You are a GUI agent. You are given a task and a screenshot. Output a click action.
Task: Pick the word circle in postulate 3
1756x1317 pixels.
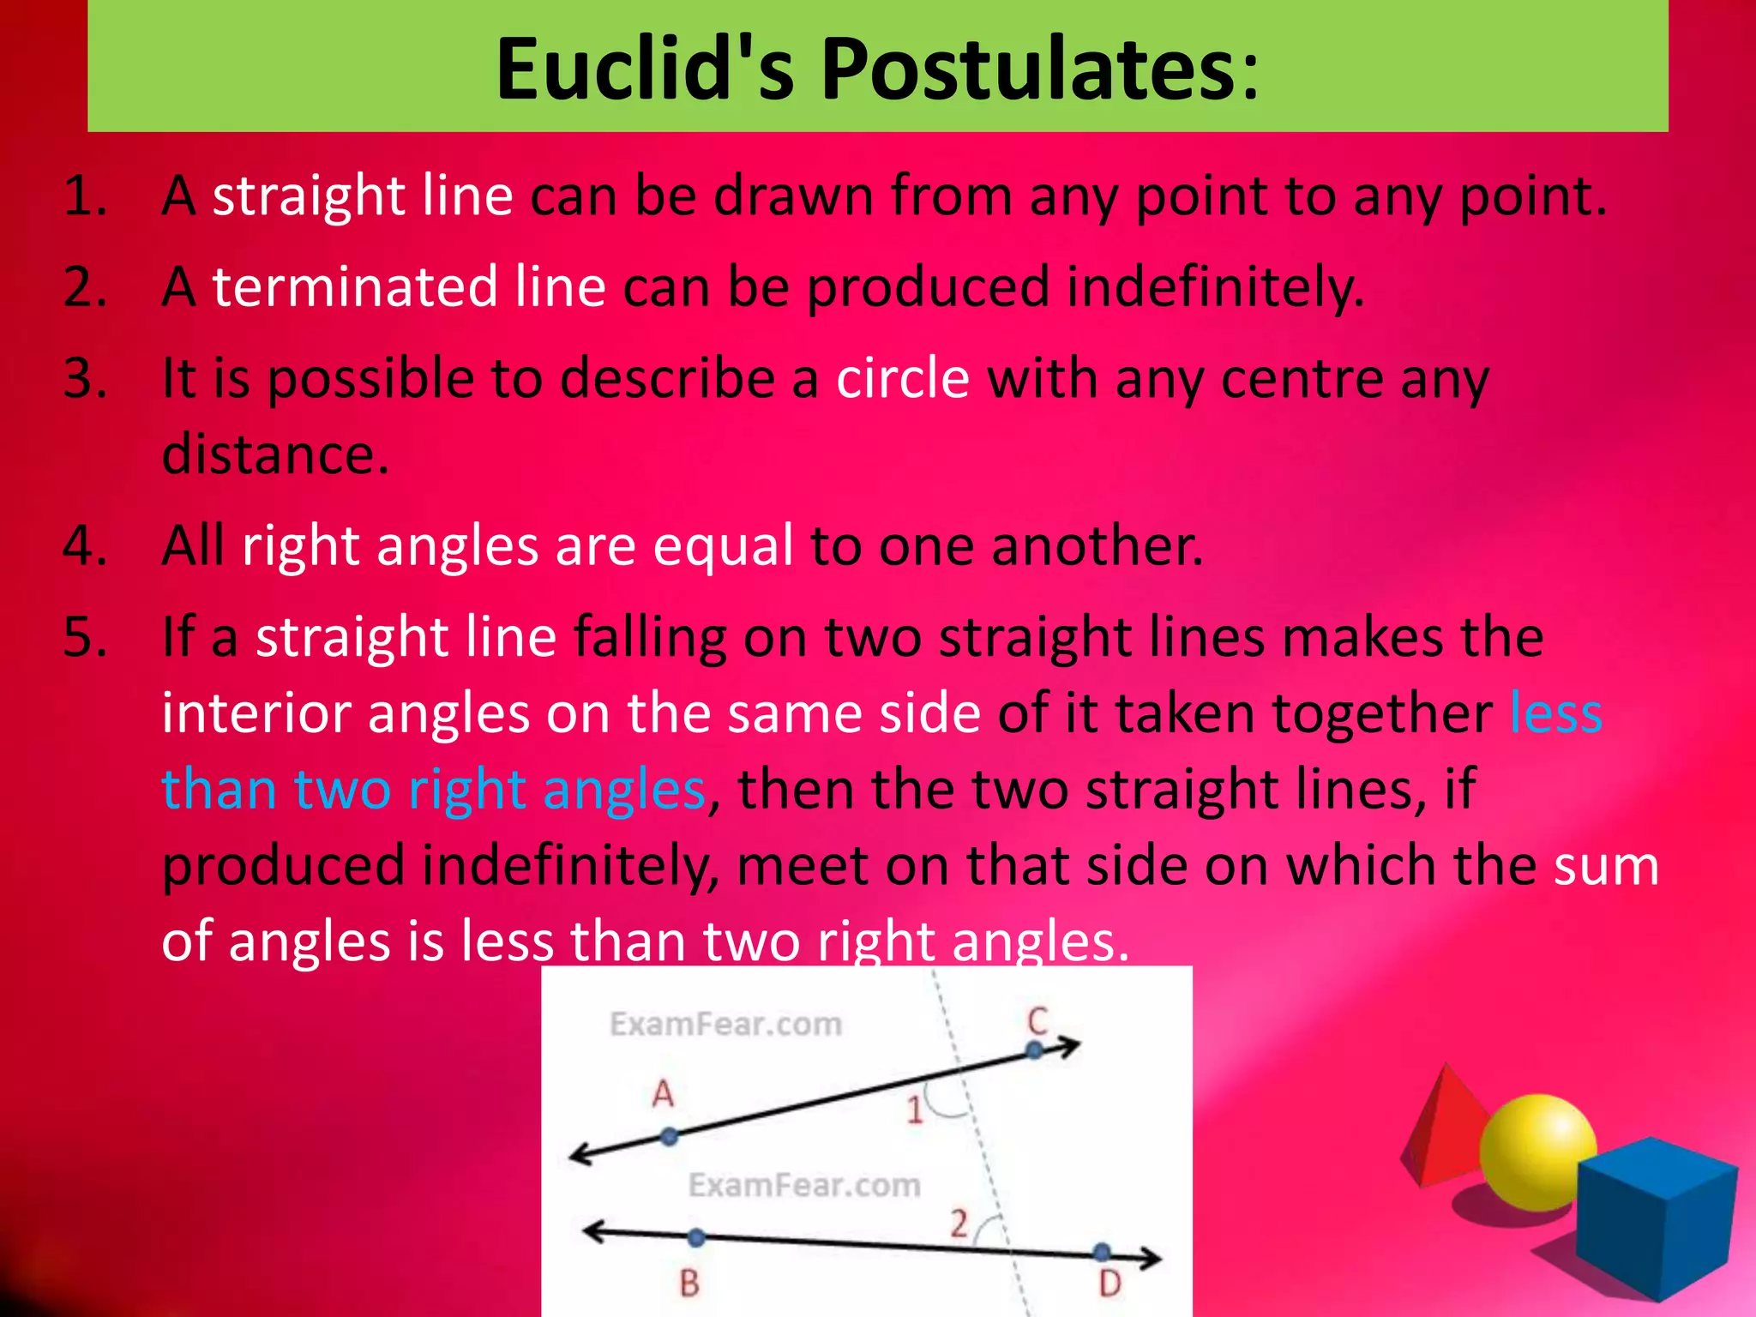(x=902, y=378)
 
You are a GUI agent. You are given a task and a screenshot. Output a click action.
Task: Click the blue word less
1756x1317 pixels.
(x=1555, y=713)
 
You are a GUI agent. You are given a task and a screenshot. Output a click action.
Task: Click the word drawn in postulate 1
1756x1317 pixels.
(x=794, y=195)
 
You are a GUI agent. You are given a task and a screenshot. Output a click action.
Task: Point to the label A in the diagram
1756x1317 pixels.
(x=663, y=1094)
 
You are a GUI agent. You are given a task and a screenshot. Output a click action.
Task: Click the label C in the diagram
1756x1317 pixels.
(x=1037, y=1020)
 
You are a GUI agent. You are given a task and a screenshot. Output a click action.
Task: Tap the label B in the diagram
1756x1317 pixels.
(x=689, y=1284)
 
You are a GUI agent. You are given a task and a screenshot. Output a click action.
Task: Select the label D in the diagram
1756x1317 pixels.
(x=1110, y=1284)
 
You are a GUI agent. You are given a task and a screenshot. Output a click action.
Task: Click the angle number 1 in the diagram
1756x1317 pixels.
(x=915, y=1110)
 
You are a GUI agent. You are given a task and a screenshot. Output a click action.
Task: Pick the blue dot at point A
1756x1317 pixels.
(x=670, y=1137)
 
